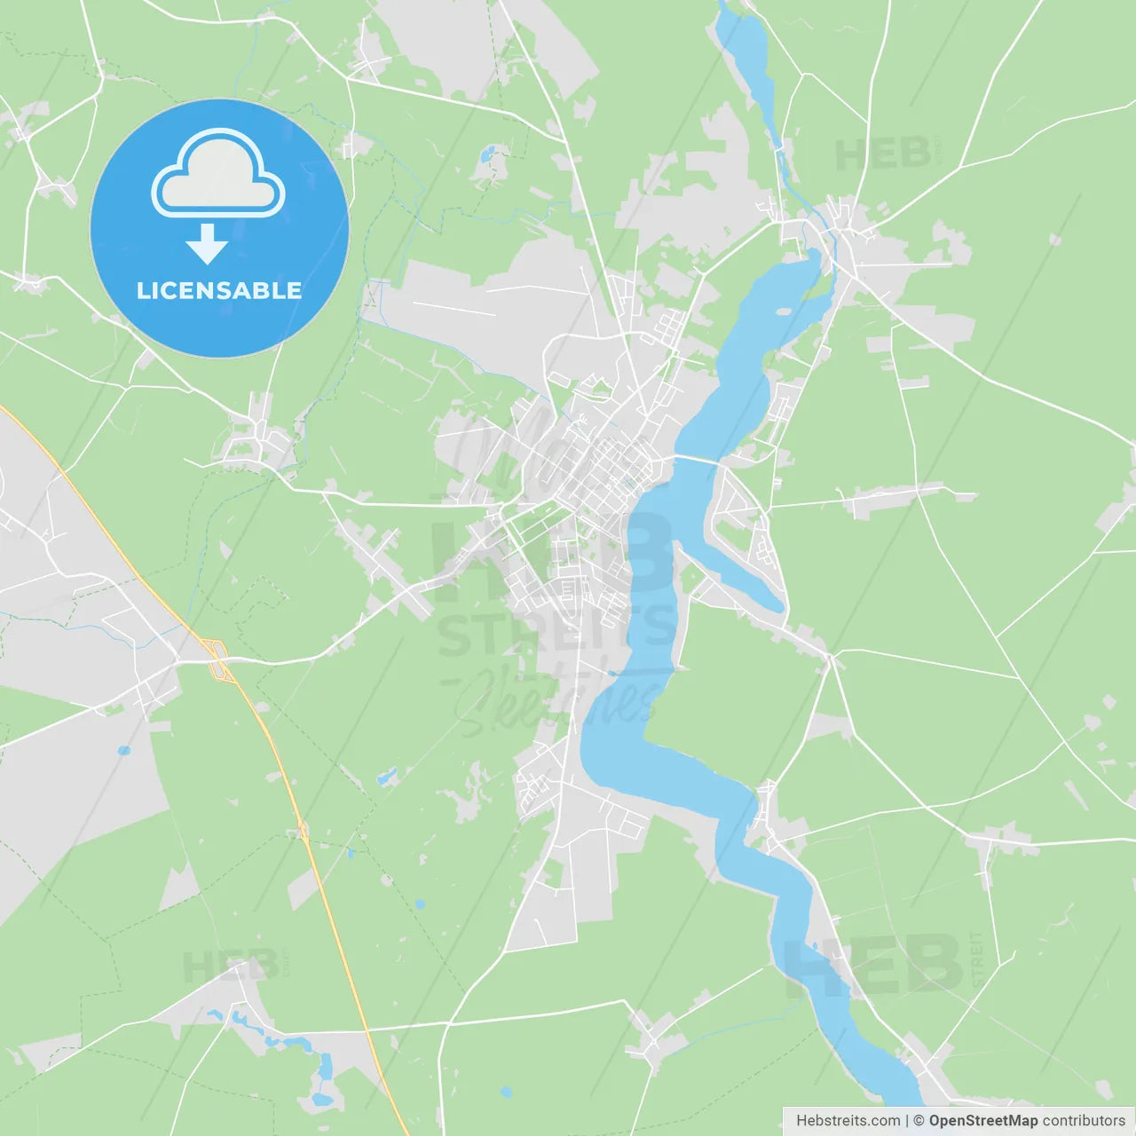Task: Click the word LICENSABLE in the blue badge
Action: [x=219, y=291]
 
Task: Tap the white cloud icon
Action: [x=218, y=177]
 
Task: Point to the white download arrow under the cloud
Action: [x=207, y=243]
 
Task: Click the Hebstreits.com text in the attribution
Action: [x=848, y=1121]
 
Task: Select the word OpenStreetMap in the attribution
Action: [x=982, y=1121]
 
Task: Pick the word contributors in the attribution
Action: [x=1084, y=1121]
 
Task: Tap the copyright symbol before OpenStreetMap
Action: [x=919, y=1121]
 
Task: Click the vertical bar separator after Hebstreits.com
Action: [x=907, y=1121]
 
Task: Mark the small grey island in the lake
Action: [x=783, y=312]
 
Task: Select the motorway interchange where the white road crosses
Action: [x=217, y=660]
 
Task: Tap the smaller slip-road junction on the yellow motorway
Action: [x=304, y=831]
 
